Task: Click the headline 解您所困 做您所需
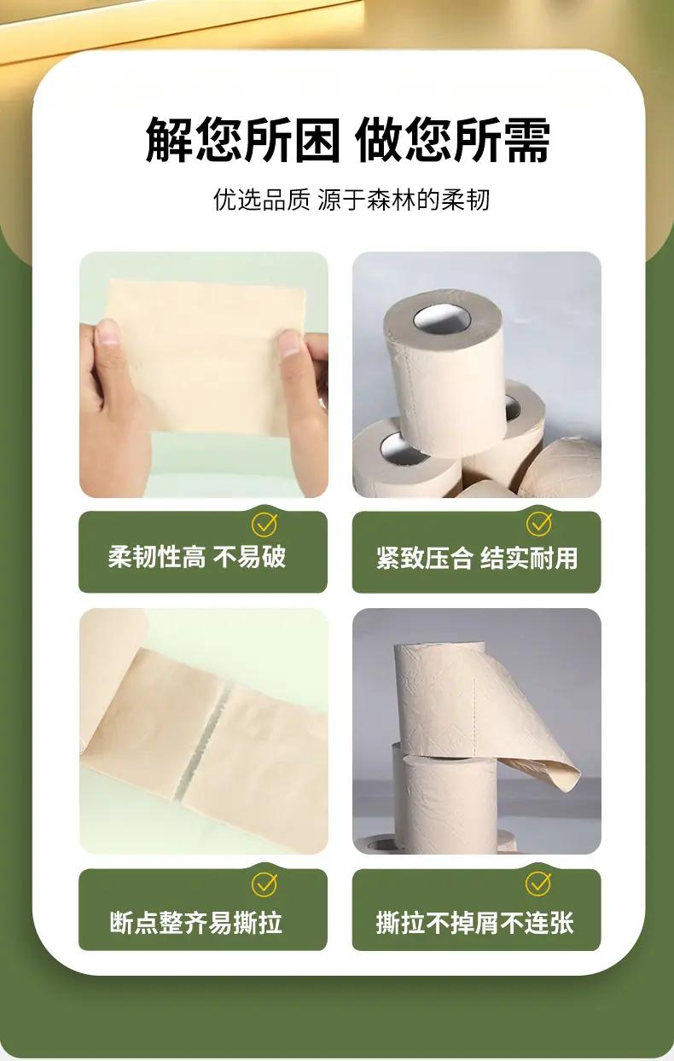[347, 140]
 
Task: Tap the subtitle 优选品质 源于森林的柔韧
[351, 200]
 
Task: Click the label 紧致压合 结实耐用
[477, 558]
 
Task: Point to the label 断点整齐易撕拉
[195, 922]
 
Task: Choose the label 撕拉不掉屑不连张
[475, 922]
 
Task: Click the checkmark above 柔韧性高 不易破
[264, 524]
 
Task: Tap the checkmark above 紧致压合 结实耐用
[539, 524]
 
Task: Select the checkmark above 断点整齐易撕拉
[264, 884]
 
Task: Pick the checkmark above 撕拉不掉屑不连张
[538, 884]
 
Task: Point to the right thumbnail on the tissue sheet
[289, 345]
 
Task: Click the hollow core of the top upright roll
[442, 319]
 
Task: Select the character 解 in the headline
[169, 140]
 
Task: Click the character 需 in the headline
[526, 140]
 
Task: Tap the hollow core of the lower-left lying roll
[405, 449]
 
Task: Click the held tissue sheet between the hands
[204, 356]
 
